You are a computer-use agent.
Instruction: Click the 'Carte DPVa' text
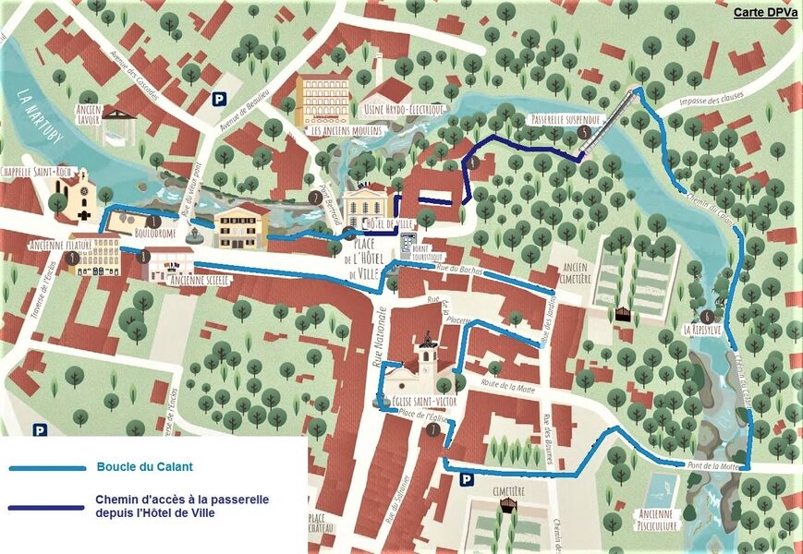(765, 12)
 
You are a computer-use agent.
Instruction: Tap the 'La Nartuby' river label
(43, 115)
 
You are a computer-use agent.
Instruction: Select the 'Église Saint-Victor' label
(412, 403)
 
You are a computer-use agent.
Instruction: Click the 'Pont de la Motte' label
(712, 465)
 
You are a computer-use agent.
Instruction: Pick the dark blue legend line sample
(46, 507)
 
